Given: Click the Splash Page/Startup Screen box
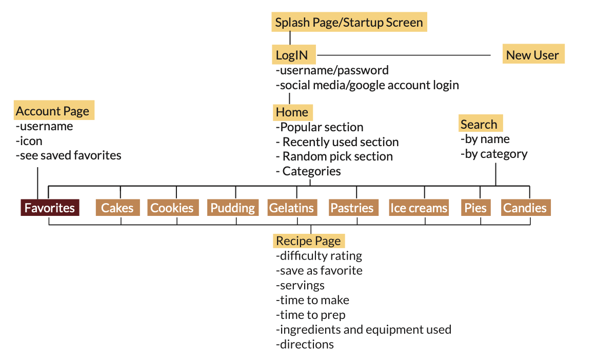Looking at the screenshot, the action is pos(349,22).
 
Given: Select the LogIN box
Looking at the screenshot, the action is pos(293,55).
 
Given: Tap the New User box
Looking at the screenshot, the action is pos(533,54).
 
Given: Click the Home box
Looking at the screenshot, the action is pos(292,112).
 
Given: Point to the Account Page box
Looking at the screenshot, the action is pos(54,110).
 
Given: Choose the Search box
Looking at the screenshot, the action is pos(481,123).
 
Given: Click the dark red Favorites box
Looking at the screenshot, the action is pos(50,208).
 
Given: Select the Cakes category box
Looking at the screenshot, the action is pos(118,208).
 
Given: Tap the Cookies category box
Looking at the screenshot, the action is pos(173,208).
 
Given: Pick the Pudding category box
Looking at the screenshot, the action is pos(233,208).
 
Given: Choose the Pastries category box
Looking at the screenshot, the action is pos(353,208).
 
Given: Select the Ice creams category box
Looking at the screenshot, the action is pos(419,208).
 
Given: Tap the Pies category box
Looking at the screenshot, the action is pos(476,208).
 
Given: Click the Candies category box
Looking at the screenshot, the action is pos(526,208).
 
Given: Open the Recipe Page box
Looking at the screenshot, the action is pos(309,241).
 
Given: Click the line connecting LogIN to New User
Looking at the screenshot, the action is pos(404,55).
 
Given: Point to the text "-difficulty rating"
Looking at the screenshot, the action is pos(319,256).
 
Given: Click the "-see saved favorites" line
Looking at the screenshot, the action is pos(68,155).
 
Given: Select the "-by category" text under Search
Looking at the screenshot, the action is pos(494,154).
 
